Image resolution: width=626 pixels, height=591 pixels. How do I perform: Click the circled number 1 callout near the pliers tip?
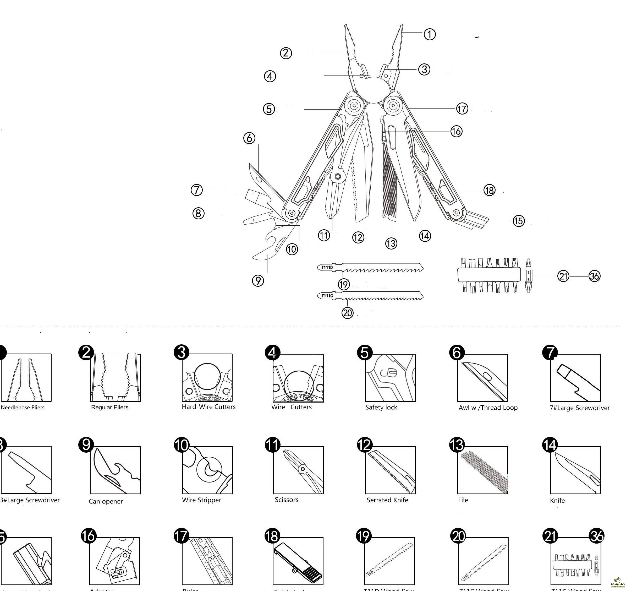tap(430, 34)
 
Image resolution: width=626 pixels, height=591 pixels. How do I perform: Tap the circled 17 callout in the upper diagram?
tap(462, 109)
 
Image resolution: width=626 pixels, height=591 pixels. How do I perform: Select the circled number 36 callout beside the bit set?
tap(594, 276)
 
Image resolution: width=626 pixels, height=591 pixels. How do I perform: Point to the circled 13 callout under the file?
tap(391, 243)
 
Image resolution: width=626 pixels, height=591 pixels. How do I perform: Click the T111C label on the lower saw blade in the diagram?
tap(327, 296)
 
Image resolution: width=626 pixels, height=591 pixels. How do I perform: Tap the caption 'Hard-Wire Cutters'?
tap(208, 407)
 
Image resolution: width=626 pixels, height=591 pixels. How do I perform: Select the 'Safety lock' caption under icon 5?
tap(381, 407)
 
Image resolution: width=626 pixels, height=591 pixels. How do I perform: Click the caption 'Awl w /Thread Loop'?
tap(488, 407)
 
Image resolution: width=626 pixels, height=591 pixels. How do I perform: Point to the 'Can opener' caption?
tap(106, 501)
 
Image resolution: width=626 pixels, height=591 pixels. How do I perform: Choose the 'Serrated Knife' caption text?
tap(387, 500)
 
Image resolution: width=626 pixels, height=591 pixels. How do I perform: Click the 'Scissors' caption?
tap(286, 499)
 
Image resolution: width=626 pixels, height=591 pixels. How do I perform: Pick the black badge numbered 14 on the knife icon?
tap(550, 445)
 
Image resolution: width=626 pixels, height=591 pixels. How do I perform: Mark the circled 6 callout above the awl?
tap(249, 138)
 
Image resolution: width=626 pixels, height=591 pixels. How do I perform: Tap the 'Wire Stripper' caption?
tap(201, 500)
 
